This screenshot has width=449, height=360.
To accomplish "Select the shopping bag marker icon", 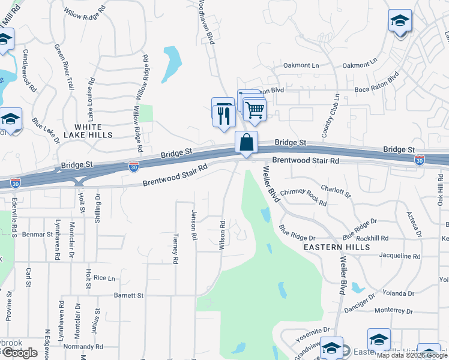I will coord(246,143).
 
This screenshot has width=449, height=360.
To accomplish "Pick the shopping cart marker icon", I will coord(255,109).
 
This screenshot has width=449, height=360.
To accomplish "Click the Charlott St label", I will coord(336,190).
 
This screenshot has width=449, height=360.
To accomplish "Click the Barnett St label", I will coord(128,295).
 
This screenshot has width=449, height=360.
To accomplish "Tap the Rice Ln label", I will coord(104,278).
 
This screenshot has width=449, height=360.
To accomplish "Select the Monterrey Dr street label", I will coord(394,311).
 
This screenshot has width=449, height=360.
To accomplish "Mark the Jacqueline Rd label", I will coord(400,256).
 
